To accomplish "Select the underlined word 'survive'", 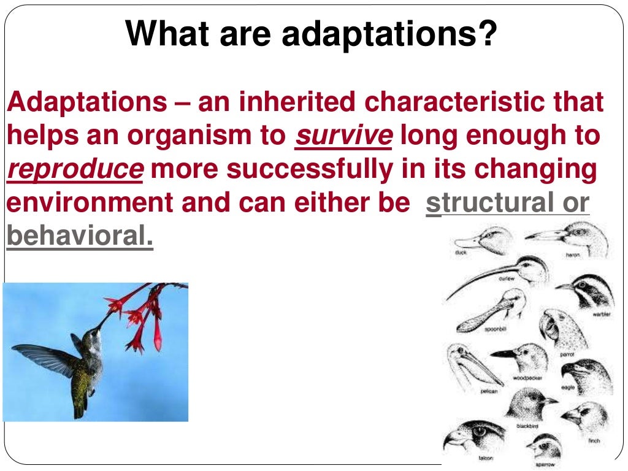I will [x=343, y=136].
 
